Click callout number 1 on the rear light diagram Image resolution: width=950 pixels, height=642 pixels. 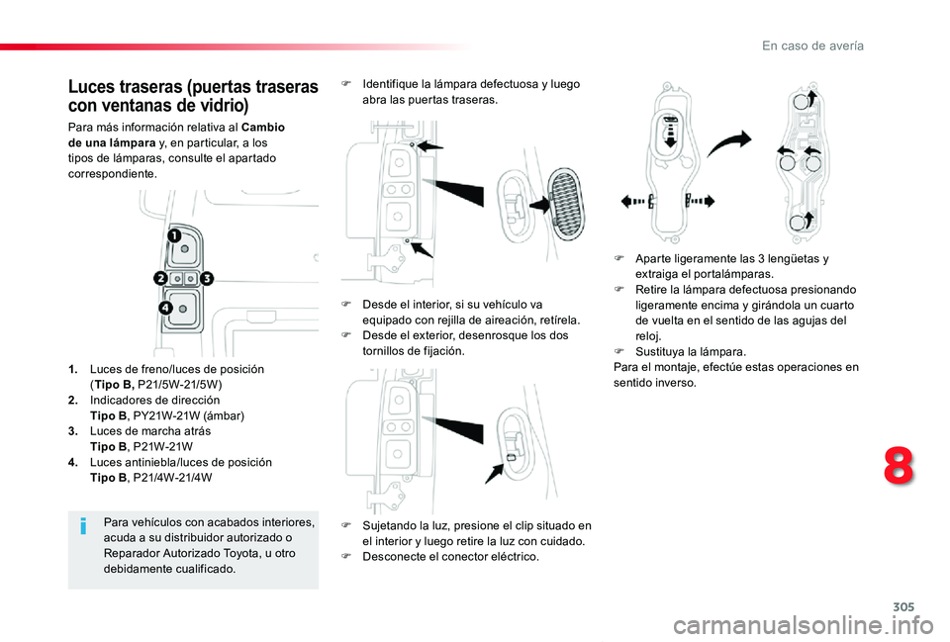pyautogui.click(x=174, y=236)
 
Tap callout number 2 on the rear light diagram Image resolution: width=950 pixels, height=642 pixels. pyautogui.click(x=160, y=280)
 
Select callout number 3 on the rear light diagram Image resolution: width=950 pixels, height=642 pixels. pyautogui.click(x=207, y=280)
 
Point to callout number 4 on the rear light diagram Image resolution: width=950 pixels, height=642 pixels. pyautogui.click(x=165, y=310)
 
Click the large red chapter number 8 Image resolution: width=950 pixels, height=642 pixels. pyautogui.click(x=899, y=465)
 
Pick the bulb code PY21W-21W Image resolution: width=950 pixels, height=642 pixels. pyautogui.click(x=160, y=415)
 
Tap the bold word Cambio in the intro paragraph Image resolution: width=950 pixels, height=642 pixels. pyautogui.click(x=263, y=128)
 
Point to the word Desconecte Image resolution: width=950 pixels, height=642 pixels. pyautogui.click(x=396, y=557)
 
